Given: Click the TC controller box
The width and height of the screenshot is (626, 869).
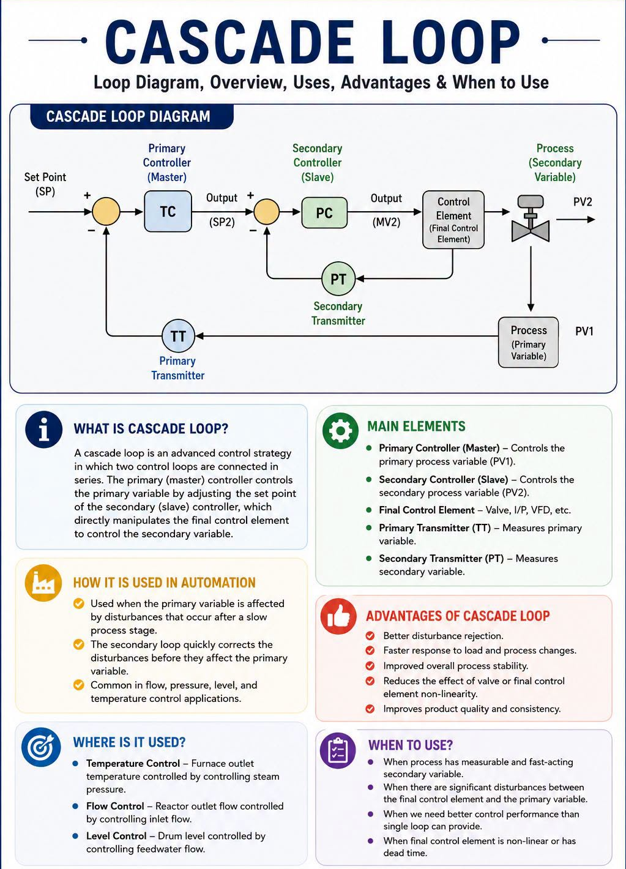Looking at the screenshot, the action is (x=168, y=211).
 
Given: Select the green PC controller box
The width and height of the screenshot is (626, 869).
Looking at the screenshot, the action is (x=324, y=212).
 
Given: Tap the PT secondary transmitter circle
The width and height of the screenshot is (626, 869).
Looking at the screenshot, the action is (x=338, y=279).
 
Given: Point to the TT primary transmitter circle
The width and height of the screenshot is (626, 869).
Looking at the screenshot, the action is (x=178, y=336).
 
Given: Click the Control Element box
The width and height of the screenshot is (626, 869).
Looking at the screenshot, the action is (x=453, y=220).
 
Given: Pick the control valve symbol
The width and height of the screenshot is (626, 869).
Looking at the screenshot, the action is (x=530, y=219).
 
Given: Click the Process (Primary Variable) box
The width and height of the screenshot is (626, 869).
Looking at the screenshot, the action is (x=528, y=343).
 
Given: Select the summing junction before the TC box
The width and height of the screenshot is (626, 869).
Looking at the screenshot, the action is (x=106, y=211).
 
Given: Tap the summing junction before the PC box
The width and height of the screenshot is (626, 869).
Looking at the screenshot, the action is (x=266, y=212).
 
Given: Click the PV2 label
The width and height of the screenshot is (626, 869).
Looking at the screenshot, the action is (x=583, y=202).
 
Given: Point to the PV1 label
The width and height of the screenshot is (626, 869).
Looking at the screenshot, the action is (x=584, y=331).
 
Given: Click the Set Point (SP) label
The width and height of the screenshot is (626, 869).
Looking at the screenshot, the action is (x=45, y=184).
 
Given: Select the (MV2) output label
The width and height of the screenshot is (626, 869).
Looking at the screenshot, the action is (x=386, y=222).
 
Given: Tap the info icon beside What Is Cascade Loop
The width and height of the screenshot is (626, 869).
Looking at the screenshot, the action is (x=44, y=430).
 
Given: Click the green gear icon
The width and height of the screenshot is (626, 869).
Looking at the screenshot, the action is (x=340, y=431).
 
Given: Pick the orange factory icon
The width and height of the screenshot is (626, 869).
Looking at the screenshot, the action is (x=43, y=583).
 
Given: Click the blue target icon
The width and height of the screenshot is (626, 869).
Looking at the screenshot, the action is (x=41, y=747).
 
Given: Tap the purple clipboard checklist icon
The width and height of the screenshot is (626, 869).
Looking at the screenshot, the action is (x=338, y=751).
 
